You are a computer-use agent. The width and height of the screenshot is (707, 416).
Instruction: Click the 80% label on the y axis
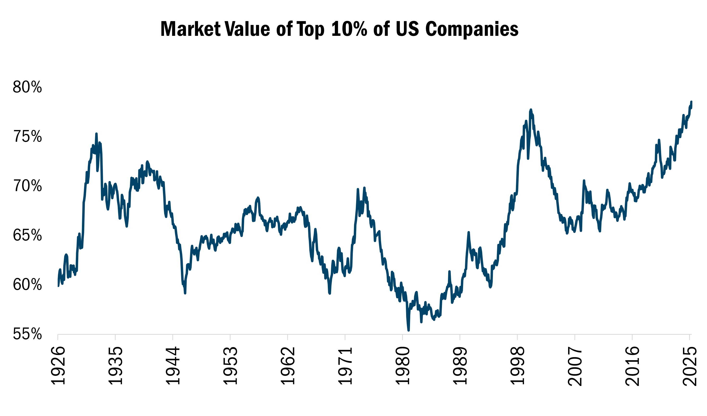(x=27, y=87)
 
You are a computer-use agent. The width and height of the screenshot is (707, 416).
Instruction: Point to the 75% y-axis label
(x=27, y=137)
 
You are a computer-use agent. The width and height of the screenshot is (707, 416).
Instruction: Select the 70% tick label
(x=27, y=186)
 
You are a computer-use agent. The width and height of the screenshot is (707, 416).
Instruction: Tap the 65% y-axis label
(x=27, y=235)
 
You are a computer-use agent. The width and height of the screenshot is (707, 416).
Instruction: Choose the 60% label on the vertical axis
(x=27, y=285)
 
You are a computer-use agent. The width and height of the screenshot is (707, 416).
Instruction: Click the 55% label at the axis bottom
(x=27, y=334)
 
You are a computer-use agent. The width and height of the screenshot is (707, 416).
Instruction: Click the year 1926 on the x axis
(x=58, y=366)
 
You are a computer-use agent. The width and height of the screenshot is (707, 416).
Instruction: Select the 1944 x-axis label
(x=173, y=366)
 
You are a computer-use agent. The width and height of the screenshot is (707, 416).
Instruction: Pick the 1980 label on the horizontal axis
(x=402, y=366)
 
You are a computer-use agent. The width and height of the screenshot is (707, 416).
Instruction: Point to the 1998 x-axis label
(x=517, y=366)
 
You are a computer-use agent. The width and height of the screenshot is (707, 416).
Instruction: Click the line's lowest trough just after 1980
(x=409, y=330)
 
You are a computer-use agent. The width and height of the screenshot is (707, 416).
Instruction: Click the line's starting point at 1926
(x=58, y=286)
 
